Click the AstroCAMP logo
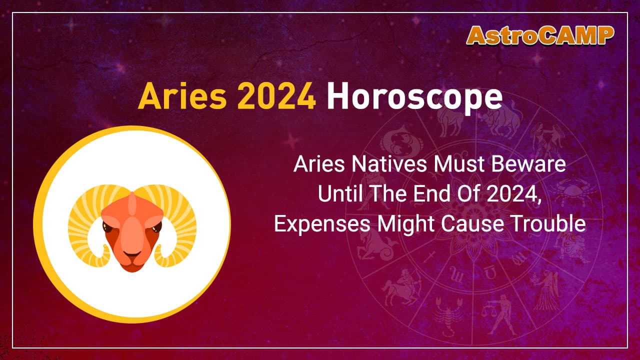pos(540,35)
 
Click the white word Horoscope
pos(414,98)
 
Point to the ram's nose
pos(132,250)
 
